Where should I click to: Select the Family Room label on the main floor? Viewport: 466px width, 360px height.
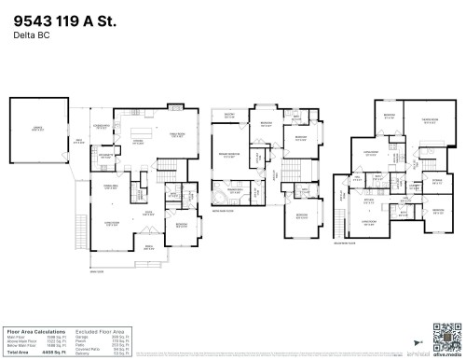pos(175,135)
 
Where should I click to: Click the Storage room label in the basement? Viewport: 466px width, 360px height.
pos(437,182)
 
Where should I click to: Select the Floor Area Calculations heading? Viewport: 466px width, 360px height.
pos(36,330)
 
